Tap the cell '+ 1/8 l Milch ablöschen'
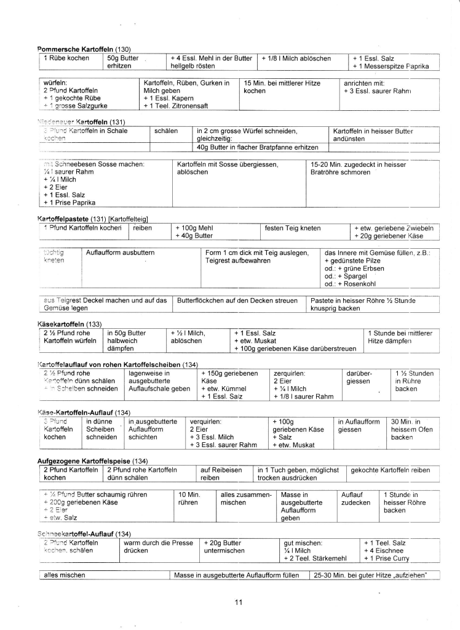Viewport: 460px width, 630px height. coord(296,59)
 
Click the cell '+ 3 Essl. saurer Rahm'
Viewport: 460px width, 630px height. coord(376,91)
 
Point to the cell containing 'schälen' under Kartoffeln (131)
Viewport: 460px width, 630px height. coord(166,131)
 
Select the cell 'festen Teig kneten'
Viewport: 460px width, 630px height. coord(293,228)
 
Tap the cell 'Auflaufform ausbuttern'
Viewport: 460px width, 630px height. coord(121,252)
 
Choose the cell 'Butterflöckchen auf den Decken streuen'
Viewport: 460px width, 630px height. coord(237,301)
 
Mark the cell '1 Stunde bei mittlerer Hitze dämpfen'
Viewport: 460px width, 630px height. coord(400,337)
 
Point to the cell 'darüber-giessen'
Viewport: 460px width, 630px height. coord(359,377)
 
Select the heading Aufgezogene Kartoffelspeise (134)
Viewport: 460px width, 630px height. coord(94,461)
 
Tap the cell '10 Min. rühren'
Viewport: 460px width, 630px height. coord(189,498)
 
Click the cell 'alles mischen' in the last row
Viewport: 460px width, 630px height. coord(64,575)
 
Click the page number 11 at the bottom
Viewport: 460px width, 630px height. coord(239,602)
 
